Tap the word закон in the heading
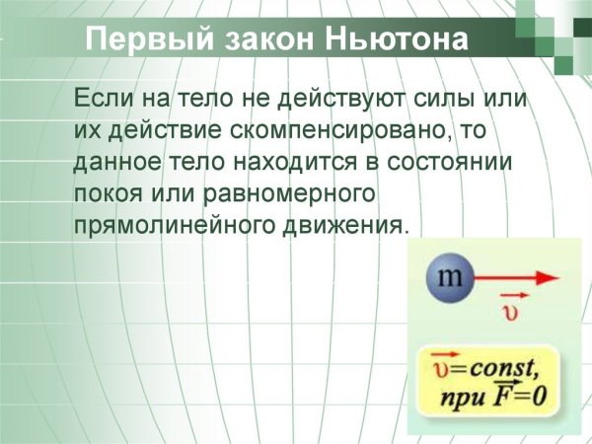tap(259, 40)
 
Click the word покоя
tap(109, 191)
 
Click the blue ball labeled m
tap(450, 279)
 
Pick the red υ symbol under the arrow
tap(511, 314)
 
